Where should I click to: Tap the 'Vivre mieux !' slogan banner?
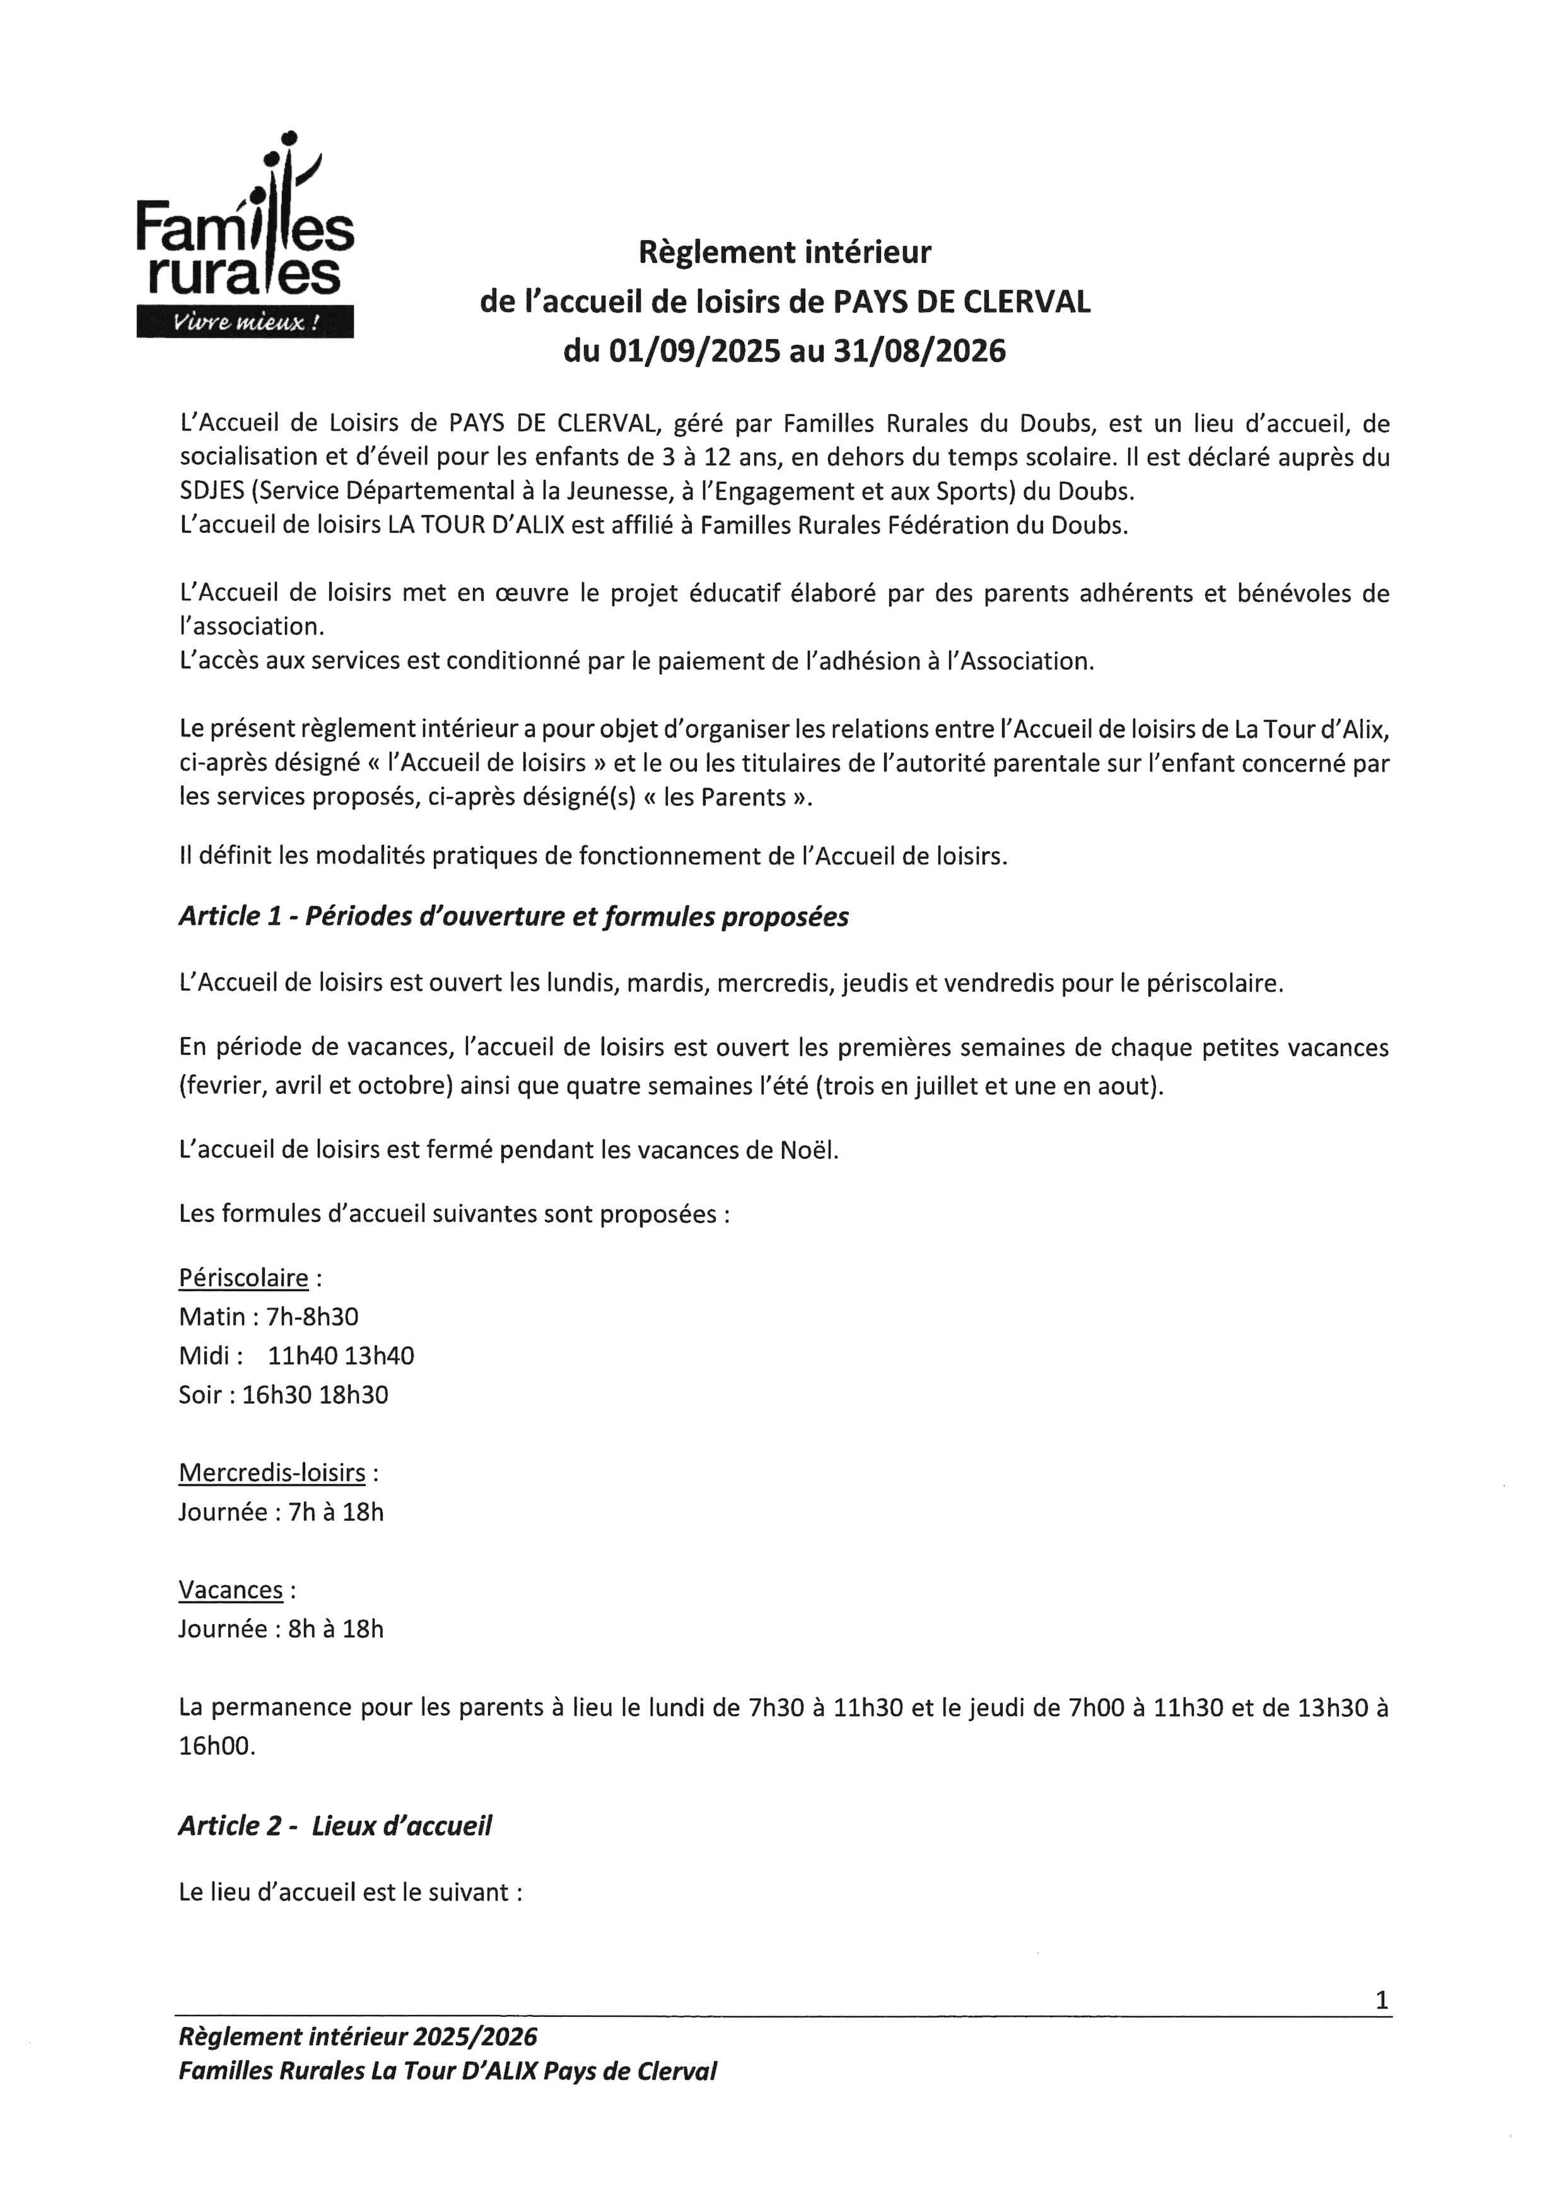point(245,322)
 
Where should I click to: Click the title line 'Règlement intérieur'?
point(785,252)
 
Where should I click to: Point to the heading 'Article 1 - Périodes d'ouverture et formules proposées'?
point(513,917)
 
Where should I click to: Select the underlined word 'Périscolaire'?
point(243,1278)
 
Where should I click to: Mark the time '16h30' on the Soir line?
point(276,1395)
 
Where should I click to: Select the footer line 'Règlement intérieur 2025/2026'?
point(358,2037)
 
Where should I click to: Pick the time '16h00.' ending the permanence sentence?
point(218,1746)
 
